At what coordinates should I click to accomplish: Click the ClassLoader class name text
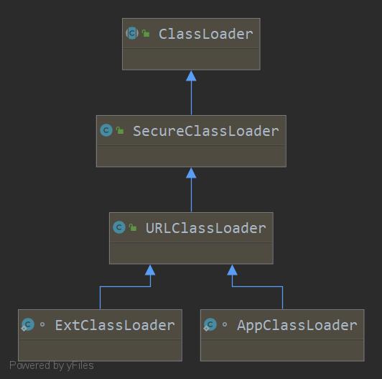point(206,33)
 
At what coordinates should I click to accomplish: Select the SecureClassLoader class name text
point(206,131)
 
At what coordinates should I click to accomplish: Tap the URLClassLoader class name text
point(206,228)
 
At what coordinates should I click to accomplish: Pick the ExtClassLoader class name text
point(115,325)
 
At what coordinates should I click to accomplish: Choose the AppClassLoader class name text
point(297,325)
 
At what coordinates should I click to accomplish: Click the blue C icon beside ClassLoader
point(132,33)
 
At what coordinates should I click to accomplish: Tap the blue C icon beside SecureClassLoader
point(106,130)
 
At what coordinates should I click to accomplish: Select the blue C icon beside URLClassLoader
point(119,227)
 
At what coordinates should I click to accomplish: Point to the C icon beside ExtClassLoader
point(27,324)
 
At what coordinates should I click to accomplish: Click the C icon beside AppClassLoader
point(210,324)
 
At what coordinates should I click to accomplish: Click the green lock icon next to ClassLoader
point(146,33)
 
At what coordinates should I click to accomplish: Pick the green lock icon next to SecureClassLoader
point(120,130)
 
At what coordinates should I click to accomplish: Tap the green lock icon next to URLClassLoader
point(133,227)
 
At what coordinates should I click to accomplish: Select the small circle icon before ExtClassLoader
point(42,324)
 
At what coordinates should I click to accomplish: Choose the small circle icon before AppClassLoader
point(225,324)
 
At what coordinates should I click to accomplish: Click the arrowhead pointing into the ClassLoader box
point(191,76)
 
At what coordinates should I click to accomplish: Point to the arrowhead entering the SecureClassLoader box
point(191,173)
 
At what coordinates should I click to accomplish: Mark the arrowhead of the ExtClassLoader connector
point(150,270)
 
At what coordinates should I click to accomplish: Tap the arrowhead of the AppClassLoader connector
point(232,270)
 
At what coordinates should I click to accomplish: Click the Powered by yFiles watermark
point(52,365)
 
